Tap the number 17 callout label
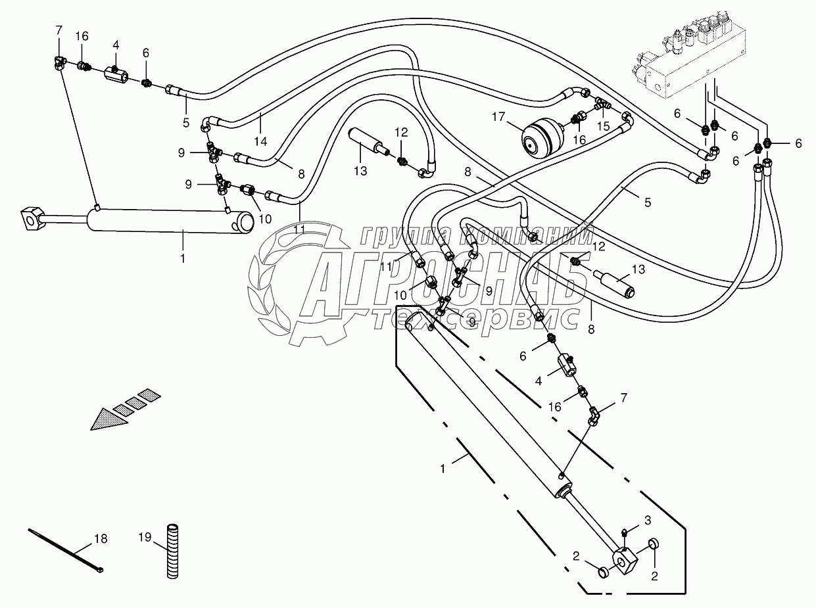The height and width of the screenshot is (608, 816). pyautogui.click(x=497, y=117)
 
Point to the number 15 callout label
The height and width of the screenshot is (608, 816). pyautogui.click(x=602, y=126)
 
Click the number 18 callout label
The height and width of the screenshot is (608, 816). pyautogui.click(x=101, y=539)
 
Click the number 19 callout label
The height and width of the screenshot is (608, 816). pyautogui.click(x=145, y=536)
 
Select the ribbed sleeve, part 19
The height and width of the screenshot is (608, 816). pyautogui.click(x=173, y=551)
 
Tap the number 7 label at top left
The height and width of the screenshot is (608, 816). pyautogui.click(x=59, y=30)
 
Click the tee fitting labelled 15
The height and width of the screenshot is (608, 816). pyautogui.click(x=602, y=105)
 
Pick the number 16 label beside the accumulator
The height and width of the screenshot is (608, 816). pyautogui.click(x=579, y=139)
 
